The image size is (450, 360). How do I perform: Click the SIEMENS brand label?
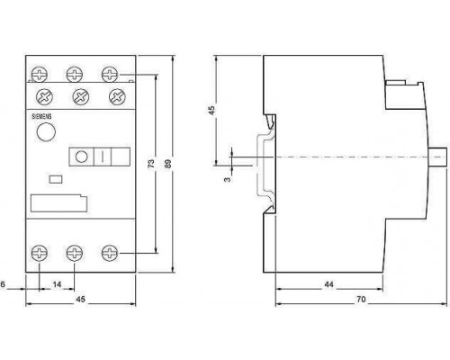click(41, 116)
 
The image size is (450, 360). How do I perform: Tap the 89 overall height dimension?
click(168, 163)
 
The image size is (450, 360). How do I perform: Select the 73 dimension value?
click(151, 164)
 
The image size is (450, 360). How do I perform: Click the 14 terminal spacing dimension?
click(57, 284)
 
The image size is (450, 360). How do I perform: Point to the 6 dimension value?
click(3, 284)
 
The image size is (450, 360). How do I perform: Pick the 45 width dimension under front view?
click(80, 299)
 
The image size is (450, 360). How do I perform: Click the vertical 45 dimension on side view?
click(211, 110)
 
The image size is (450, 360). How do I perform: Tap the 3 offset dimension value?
click(228, 179)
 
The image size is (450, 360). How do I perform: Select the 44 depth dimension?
click(328, 284)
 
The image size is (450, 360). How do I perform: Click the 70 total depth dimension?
click(361, 299)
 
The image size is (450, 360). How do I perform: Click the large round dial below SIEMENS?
click(46, 132)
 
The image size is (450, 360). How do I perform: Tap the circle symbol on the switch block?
click(81, 157)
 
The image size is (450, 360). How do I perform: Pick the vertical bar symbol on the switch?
click(103, 157)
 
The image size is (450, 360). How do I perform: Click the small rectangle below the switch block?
click(56, 179)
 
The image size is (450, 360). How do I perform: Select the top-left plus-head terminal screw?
click(40, 75)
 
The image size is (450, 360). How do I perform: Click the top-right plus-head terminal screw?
click(110, 75)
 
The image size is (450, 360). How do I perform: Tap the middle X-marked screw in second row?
click(81, 97)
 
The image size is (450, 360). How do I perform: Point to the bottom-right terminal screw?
click(110, 253)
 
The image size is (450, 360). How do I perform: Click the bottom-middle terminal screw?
click(75, 253)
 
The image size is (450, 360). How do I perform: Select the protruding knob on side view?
click(437, 157)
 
